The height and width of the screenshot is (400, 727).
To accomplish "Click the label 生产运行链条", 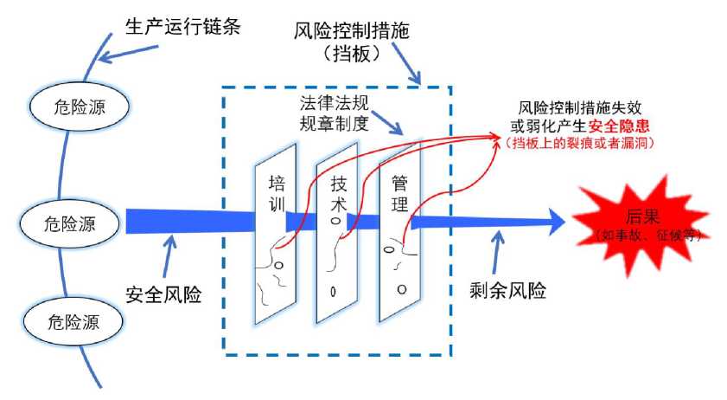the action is [x=182, y=27].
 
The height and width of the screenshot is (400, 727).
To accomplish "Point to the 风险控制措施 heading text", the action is [x=352, y=31].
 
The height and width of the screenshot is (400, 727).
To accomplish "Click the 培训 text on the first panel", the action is [x=277, y=194].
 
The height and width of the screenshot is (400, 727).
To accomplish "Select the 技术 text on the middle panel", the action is [x=339, y=194].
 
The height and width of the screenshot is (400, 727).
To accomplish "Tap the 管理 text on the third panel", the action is [x=399, y=194].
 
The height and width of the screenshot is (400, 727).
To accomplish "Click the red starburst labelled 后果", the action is [x=641, y=226].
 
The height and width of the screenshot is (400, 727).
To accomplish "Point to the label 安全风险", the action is [x=163, y=294].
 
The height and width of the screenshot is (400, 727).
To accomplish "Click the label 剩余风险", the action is [x=507, y=291].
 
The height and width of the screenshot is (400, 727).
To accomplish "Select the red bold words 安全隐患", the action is [x=619, y=126].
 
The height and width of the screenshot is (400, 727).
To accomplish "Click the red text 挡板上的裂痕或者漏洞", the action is [x=579, y=143].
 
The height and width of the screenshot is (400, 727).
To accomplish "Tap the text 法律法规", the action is [x=334, y=103].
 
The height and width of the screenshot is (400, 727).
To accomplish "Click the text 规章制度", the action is [x=334, y=124].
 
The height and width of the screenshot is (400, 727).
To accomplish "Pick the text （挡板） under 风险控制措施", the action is [x=352, y=54].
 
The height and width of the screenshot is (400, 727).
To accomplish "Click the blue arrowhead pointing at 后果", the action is [x=558, y=222].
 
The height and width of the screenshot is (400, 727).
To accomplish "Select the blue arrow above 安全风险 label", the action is [x=169, y=256].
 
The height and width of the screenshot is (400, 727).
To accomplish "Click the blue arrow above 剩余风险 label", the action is [x=497, y=252].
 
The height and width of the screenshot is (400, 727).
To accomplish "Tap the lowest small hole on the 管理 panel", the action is [x=402, y=289].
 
